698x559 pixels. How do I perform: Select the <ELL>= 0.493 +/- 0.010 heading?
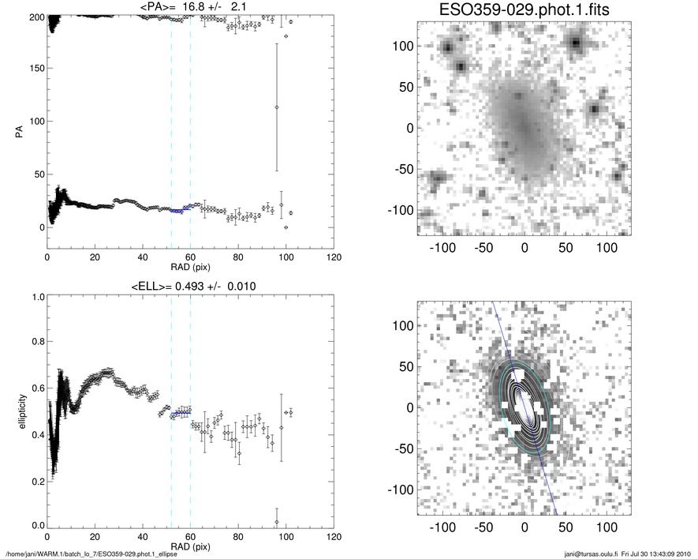(x=189, y=286)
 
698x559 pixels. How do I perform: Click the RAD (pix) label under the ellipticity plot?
(x=190, y=546)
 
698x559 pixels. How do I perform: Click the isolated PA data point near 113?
(x=277, y=107)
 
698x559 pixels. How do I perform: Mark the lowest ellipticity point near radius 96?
(x=277, y=522)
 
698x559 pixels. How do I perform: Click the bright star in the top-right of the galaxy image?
(x=577, y=43)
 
